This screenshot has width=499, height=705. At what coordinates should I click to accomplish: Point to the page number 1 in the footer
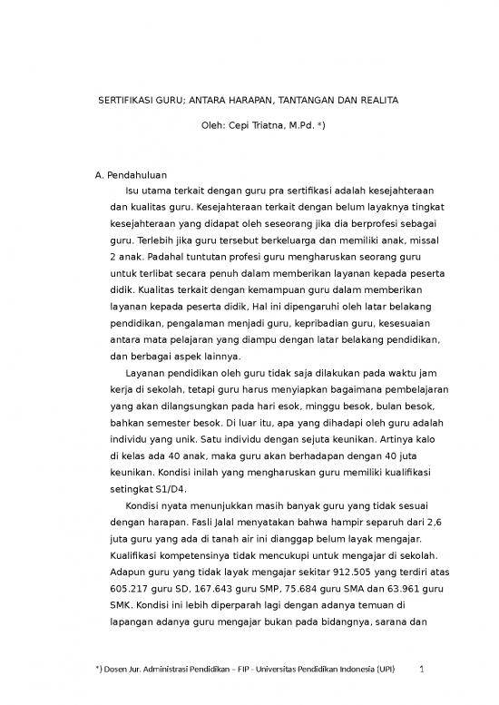click(425, 670)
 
